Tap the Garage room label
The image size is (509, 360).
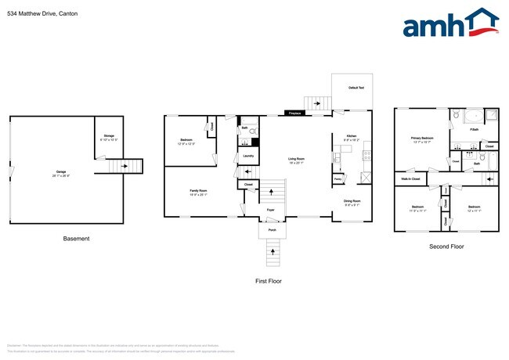tap(60, 172)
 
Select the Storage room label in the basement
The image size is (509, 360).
tap(109, 138)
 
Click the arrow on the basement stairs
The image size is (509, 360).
tap(125, 166)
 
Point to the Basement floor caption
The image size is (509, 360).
tap(77, 239)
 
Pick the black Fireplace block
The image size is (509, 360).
tap(295, 113)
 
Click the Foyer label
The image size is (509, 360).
tap(270, 211)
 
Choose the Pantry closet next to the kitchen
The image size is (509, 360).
tap(338, 179)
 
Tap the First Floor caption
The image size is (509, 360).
tap(269, 280)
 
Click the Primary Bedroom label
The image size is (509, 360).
tap(422, 140)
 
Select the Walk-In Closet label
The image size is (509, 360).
tap(411, 179)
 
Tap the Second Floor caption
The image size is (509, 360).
tap(446, 247)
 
